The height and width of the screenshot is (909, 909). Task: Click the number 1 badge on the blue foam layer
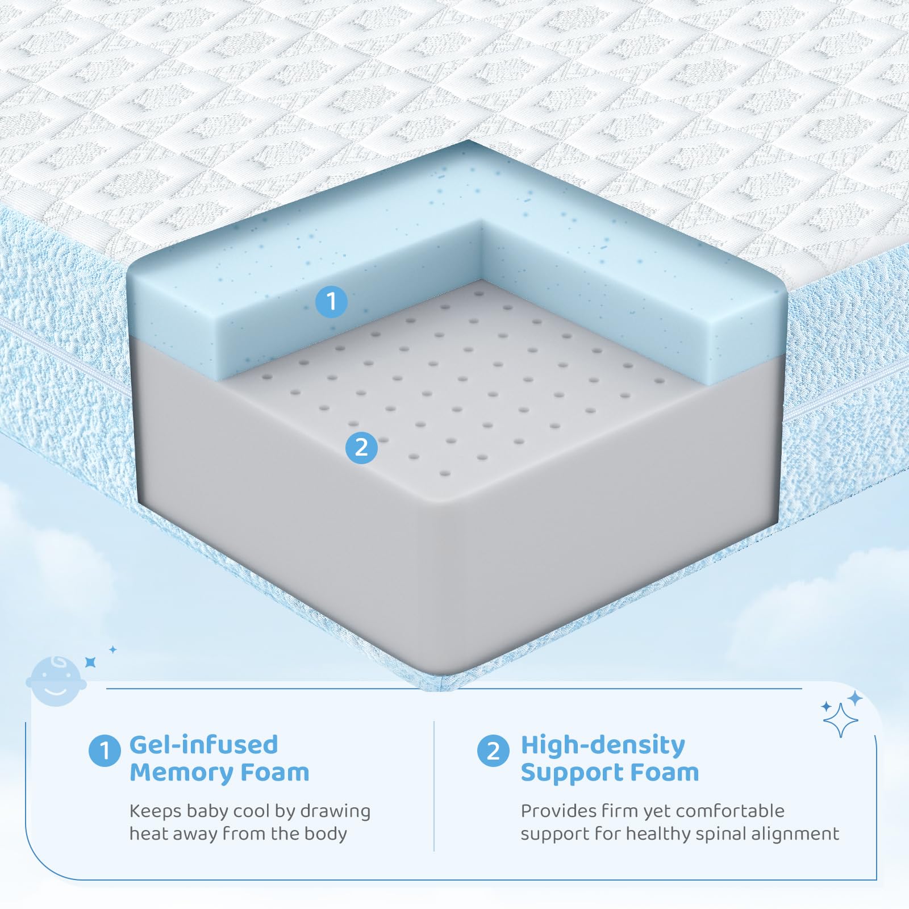pyautogui.click(x=331, y=301)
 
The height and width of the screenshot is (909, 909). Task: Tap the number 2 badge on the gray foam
pyautogui.click(x=361, y=447)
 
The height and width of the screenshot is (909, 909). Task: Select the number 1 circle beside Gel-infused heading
pyautogui.click(x=105, y=750)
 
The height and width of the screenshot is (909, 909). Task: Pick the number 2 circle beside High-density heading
pyautogui.click(x=493, y=750)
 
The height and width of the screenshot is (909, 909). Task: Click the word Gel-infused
pyautogui.click(x=203, y=744)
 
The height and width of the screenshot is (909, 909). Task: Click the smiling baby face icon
pyautogui.click(x=56, y=682)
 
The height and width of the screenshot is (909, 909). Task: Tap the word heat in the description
pyautogui.click(x=149, y=833)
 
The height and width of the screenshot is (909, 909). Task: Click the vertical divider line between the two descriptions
pyautogui.click(x=434, y=786)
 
